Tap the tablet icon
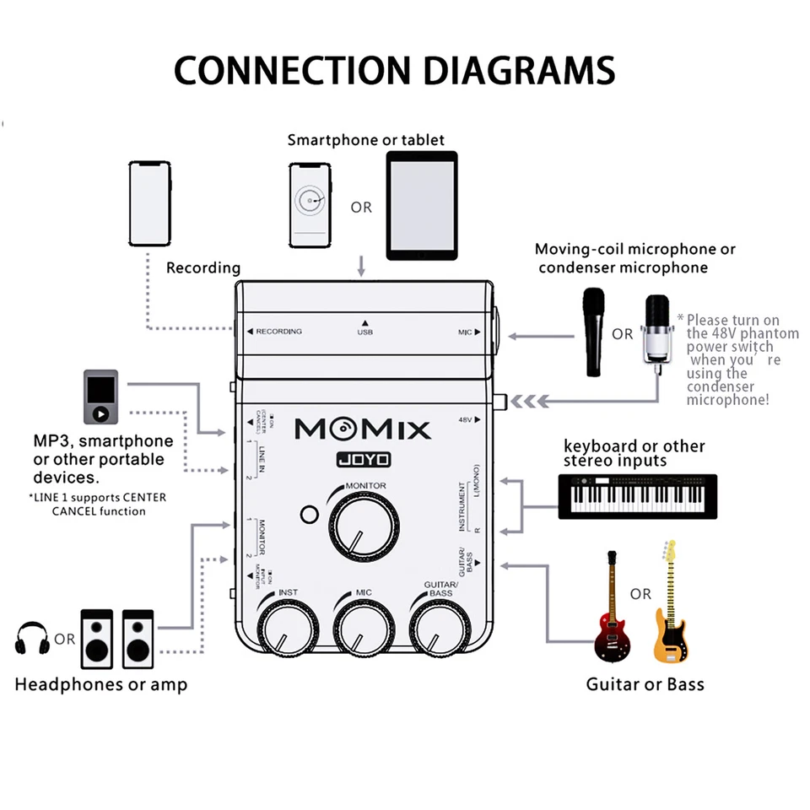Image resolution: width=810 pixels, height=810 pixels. point(421,205)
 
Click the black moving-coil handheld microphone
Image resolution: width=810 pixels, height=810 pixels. point(595,331)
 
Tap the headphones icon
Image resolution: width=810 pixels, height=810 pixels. point(32,639)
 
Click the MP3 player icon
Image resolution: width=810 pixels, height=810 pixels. point(100,396)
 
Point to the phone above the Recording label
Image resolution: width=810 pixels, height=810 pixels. point(149,203)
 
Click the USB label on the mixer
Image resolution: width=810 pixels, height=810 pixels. point(364,332)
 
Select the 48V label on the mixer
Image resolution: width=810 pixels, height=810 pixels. point(464,419)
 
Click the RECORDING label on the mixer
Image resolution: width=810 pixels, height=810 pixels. point(278,332)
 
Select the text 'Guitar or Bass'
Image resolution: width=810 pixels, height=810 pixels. point(645,684)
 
